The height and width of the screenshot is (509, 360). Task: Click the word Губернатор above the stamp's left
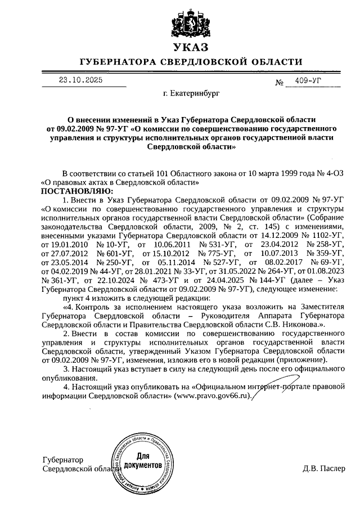click(x=62, y=460)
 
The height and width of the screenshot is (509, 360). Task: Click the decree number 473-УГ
click(x=160, y=280)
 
